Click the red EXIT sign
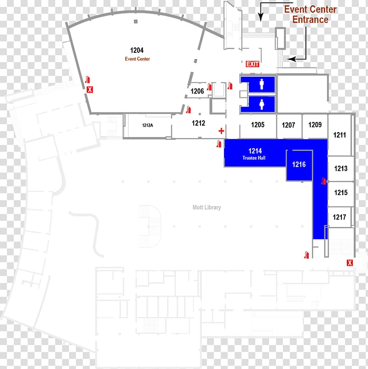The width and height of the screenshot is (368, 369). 253,64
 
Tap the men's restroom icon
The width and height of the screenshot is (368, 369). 262,84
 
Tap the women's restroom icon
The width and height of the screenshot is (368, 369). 262,104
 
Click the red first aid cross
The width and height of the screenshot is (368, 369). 221,131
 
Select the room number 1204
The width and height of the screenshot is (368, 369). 137,50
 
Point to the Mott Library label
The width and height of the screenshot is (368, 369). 207,208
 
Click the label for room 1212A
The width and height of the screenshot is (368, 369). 148,125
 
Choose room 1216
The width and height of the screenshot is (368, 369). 299,164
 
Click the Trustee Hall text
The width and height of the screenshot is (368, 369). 254,158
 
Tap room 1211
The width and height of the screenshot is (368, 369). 340,135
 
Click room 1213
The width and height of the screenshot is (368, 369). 341,168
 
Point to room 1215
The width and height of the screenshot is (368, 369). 341,193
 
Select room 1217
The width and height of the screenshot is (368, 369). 339,217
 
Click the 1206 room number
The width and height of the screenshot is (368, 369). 197,91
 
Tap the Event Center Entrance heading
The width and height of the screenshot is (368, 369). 310,14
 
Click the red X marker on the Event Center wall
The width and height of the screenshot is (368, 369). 90,89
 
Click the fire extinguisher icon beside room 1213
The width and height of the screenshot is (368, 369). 324,181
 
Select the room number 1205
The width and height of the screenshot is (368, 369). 258,125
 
